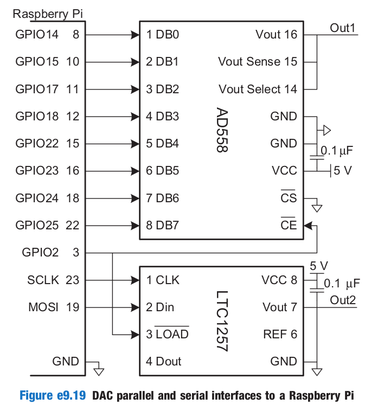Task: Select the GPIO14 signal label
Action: click(37, 35)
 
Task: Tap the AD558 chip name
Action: click(222, 130)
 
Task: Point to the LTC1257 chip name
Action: click(222, 320)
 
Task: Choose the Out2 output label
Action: click(343, 300)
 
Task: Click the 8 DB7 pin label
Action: click(162, 225)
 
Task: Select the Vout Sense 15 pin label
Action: click(258, 62)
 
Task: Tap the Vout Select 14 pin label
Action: click(258, 89)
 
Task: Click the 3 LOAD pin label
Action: click(167, 334)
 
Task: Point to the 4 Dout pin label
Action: click(163, 361)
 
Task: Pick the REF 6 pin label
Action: click(280, 334)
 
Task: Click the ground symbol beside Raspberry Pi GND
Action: click(99, 371)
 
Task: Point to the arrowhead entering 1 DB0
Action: click(135, 35)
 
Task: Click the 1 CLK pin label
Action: click(163, 280)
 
